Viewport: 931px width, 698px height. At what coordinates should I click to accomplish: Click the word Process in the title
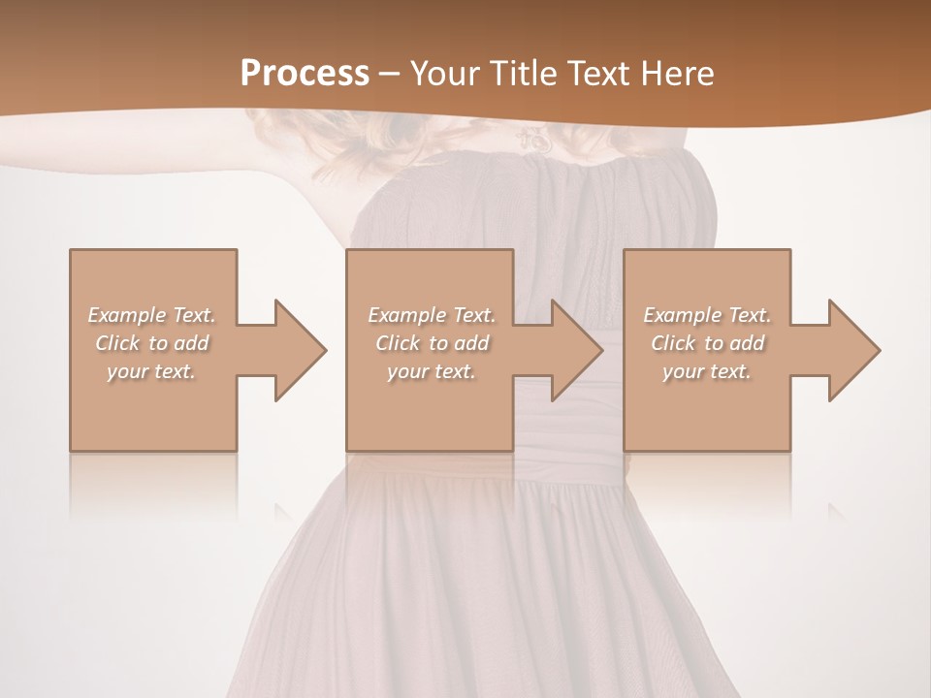click(x=305, y=74)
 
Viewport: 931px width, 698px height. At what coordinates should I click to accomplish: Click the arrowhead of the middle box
click(x=576, y=350)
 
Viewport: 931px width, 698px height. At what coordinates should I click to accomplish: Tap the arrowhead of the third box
click(x=853, y=350)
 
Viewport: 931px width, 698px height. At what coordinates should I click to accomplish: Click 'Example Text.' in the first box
click(x=152, y=315)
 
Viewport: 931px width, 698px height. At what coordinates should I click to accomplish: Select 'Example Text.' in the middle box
click(x=432, y=315)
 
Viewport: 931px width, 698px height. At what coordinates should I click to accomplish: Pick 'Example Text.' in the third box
click(x=707, y=315)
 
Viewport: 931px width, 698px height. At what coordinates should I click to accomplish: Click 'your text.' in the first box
click(x=151, y=371)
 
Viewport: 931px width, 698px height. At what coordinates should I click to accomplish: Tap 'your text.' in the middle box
click(x=431, y=371)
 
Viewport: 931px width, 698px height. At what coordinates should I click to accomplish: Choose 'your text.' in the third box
click(x=706, y=371)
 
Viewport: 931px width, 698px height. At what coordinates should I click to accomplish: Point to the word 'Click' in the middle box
click(x=398, y=343)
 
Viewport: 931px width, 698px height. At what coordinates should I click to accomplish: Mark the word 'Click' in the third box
click(x=673, y=343)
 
